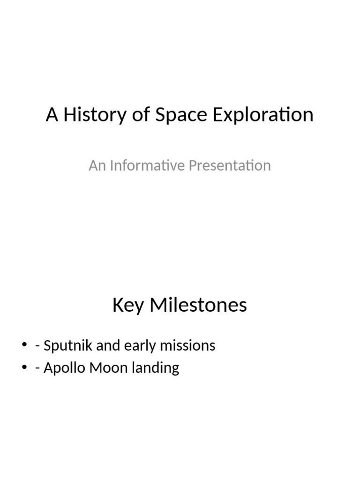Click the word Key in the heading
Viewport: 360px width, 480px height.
pyautogui.click(x=128, y=305)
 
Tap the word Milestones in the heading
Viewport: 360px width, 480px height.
pyautogui.click(x=198, y=305)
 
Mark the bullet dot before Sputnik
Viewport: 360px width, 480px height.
pyautogui.click(x=24, y=346)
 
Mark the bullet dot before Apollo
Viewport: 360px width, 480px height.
pyautogui.click(x=24, y=368)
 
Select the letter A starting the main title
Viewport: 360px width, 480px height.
pyautogui.click(x=52, y=115)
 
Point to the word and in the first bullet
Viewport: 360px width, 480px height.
pyautogui.click(x=108, y=345)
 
